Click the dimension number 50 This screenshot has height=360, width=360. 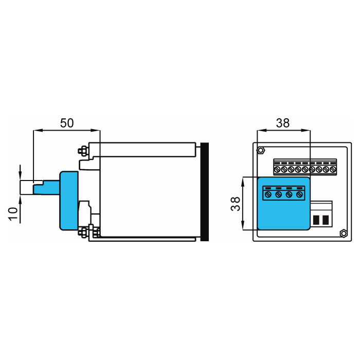[67, 123]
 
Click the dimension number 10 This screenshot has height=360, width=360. [13, 214]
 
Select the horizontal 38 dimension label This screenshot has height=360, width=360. [283, 123]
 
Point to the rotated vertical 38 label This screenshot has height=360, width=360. [236, 204]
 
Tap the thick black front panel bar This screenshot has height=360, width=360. [205, 192]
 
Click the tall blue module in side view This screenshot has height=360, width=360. [69, 201]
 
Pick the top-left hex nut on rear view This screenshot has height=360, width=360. [261, 150]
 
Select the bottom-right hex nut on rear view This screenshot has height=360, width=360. [344, 233]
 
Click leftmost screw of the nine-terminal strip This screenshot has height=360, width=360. [277, 170]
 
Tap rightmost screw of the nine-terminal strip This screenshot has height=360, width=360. [333, 170]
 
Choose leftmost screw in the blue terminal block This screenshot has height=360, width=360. [268, 195]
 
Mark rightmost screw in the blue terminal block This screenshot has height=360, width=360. [299, 195]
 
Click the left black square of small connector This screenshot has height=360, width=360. [316, 220]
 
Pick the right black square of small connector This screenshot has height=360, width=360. [326, 220]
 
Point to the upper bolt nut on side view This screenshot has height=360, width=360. [83, 151]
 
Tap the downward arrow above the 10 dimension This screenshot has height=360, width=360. [20, 173]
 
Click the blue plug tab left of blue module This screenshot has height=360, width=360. [47, 187]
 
